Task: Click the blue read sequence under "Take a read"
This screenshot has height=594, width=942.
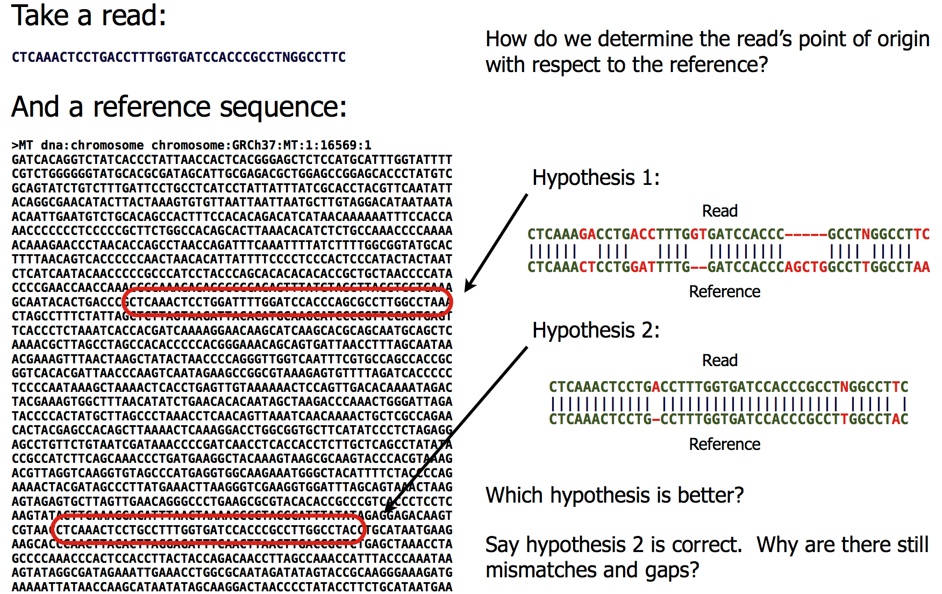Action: [179, 57]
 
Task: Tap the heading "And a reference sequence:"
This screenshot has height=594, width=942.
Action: [179, 106]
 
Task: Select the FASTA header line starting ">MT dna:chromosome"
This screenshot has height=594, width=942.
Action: [191, 145]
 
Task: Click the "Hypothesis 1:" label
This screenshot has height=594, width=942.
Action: [596, 177]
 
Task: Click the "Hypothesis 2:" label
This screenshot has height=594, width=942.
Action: [596, 330]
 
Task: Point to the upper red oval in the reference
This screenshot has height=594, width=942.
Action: [287, 302]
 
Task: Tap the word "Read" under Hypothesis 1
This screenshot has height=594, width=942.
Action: [719, 211]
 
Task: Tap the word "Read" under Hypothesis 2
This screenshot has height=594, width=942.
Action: [719, 360]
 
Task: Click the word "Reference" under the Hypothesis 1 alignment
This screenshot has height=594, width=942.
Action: [724, 291]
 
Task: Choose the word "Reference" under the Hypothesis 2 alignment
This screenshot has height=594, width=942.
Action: [724, 444]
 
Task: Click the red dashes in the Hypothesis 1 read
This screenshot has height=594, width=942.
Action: [805, 234]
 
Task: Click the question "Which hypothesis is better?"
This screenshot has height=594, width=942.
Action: [615, 495]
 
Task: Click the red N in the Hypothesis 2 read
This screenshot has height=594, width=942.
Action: [844, 387]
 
